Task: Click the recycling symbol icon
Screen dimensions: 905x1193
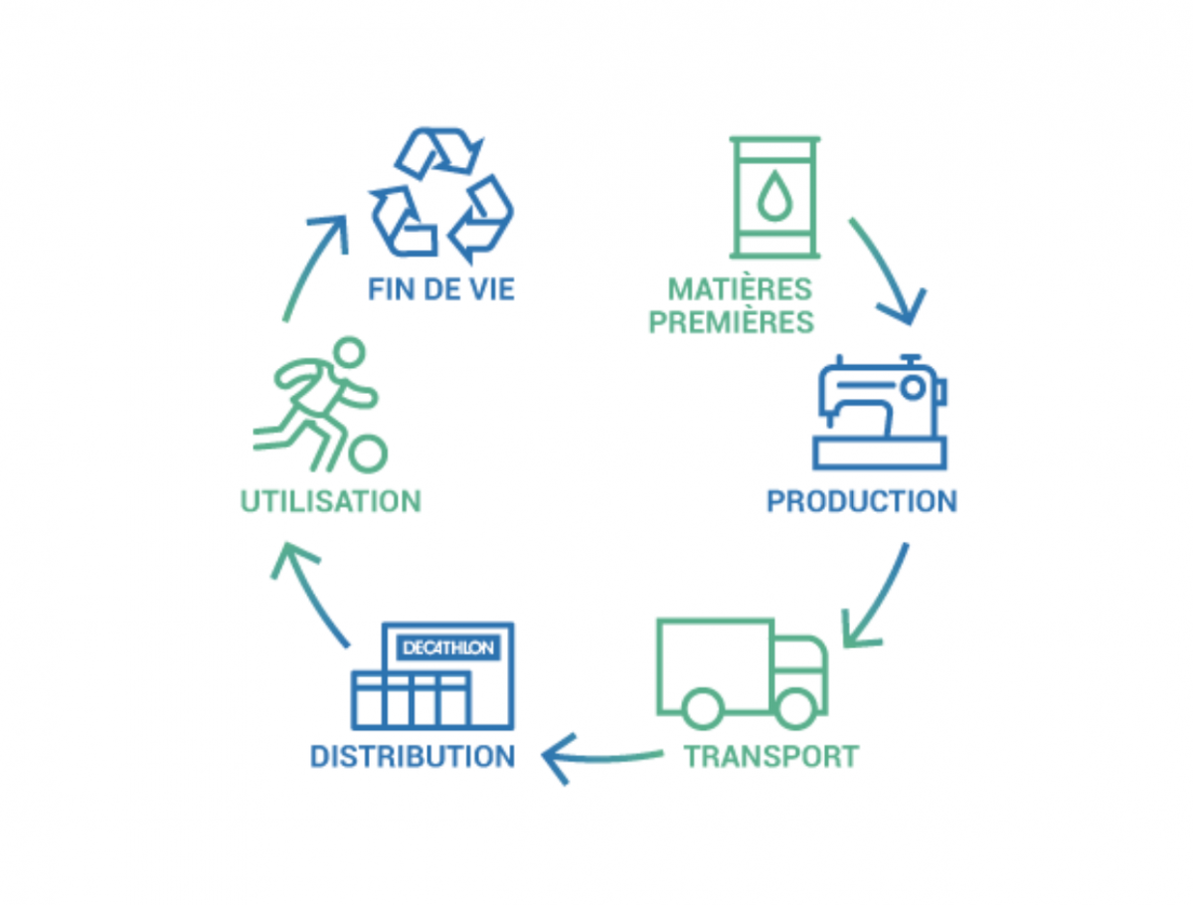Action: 440,192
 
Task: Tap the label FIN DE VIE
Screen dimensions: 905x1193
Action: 440,289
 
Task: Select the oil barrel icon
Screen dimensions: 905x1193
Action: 775,197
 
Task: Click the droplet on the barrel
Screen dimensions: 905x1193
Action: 774,197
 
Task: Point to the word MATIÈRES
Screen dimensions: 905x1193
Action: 740,289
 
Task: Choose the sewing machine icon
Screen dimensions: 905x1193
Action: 880,412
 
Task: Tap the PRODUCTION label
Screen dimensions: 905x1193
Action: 861,500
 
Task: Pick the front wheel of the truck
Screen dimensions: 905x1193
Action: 795,707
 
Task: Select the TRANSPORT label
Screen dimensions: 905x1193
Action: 770,756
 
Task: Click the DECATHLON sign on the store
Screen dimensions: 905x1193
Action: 447,647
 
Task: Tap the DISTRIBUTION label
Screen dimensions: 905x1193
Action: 413,756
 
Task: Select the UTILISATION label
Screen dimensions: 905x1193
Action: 331,500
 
